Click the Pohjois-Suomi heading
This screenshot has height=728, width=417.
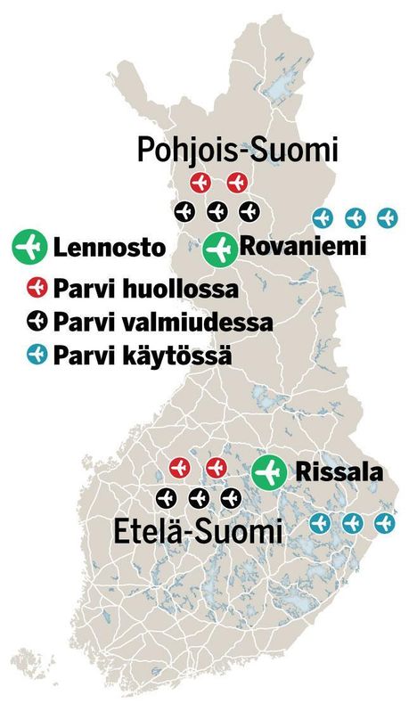pos(238,149)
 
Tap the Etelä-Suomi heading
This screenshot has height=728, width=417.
pos(198,532)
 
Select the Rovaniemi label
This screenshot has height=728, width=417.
pos(303,247)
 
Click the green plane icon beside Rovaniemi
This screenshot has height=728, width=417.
pos(219,249)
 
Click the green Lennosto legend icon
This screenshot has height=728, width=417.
pos(29,247)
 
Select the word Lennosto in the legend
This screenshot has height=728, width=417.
pos(110,248)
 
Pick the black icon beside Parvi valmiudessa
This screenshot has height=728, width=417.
pos(37,321)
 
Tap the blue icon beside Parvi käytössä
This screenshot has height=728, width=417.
pos(37,354)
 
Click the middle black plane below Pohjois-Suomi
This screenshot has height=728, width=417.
pos(217,211)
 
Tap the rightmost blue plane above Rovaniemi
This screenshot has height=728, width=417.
pos(387,217)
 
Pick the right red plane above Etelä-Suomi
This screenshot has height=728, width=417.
pos(215,468)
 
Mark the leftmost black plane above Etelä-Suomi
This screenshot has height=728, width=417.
pos(167,496)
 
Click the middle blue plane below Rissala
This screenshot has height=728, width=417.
pos(352,522)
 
